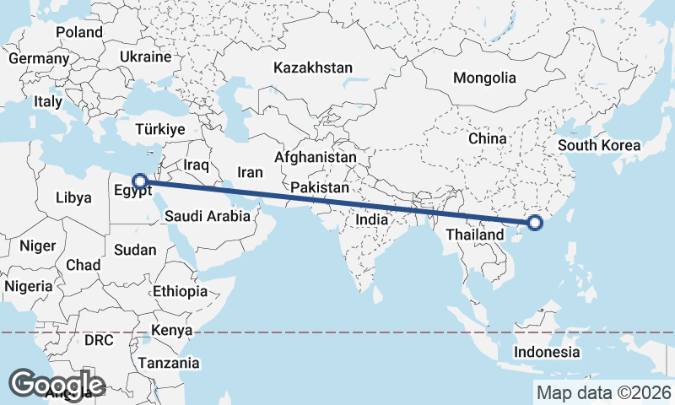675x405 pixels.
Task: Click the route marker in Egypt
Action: pyautogui.click(x=141, y=180)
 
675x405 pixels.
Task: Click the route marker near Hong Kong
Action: pyautogui.click(x=534, y=224)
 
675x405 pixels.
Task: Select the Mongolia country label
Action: pyautogui.click(x=484, y=78)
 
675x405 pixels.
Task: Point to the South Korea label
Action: pyautogui.click(x=599, y=145)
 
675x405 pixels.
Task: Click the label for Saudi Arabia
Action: pyautogui.click(x=207, y=216)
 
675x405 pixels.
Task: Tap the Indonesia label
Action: pyautogui.click(x=548, y=352)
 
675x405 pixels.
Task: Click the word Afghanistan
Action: pyautogui.click(x=316, y=158)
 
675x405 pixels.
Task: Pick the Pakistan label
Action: pyautogui.click(x=320, y=187)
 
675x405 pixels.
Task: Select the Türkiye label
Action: pyautogui.click(x=160, y=130)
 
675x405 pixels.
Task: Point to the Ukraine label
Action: pyautogui.click(x=146, y=57)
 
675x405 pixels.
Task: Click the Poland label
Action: pyautogui.click(x=79, y=33)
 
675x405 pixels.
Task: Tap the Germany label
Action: pyautogui.click(x=38, y=59)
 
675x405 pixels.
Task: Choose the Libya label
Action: pyautogui.click(x=73, y=198)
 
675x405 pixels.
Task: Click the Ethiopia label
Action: pyautogui.click(x=180, y=291)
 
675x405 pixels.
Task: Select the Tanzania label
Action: pyautogui.click(x=170, y=364)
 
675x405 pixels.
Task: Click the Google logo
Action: pyautogui.click(x=57, y=383)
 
